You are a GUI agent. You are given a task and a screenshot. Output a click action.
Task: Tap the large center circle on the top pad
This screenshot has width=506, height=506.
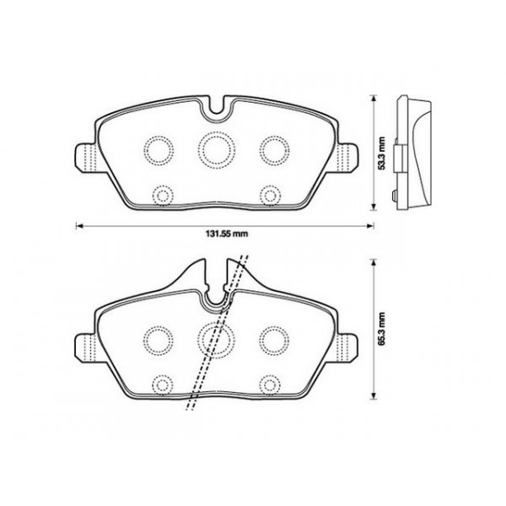(214, 148)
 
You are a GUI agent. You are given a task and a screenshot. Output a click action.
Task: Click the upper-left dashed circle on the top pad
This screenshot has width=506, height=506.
(157, 149)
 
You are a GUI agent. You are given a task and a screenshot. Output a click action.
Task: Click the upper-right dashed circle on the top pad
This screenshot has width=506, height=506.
(272, 149)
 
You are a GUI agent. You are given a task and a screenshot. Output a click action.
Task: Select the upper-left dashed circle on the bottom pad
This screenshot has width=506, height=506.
(157, 337)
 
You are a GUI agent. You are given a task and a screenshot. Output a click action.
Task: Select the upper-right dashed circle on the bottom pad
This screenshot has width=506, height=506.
(272, 337)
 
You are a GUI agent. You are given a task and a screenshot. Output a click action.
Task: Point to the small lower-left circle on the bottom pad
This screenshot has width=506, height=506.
(159, 383)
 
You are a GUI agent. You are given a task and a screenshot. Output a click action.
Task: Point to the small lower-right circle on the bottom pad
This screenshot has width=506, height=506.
(270, 383)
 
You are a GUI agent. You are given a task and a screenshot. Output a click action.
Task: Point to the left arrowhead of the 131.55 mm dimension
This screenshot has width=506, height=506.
(79, 225)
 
